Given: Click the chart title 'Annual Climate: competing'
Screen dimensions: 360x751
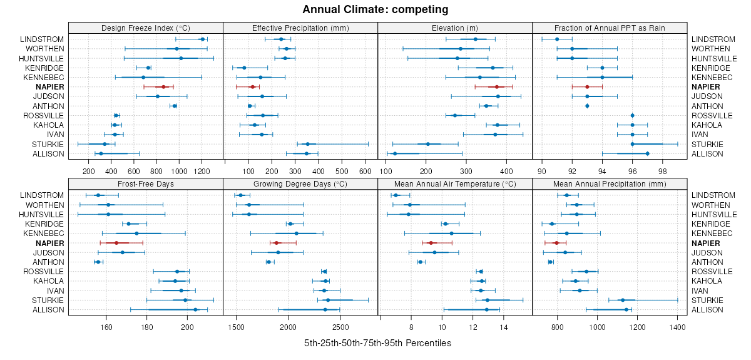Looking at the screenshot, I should pos(375,9).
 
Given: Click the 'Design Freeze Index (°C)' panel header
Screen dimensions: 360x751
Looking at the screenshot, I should pos(145,28).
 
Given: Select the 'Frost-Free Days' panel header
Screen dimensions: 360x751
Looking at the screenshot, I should pos(145,183).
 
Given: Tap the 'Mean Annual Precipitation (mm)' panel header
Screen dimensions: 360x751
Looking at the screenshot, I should pos(610,183).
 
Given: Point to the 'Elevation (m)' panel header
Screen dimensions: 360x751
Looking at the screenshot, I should pos(455,28).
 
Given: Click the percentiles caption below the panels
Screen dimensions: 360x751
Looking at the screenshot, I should pos(377,344).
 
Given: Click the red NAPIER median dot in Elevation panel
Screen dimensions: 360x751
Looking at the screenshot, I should pos(497,87).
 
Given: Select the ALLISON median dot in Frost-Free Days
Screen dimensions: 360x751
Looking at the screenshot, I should pos(196,309).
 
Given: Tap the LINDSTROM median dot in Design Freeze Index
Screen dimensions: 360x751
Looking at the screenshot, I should pos(202,39).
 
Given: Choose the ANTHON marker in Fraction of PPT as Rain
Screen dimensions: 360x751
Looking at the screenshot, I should pos(587,106).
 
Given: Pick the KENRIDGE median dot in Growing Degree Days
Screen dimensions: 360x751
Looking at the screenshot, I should pos(290,224).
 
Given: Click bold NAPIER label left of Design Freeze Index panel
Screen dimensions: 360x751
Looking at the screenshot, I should pos(50,87).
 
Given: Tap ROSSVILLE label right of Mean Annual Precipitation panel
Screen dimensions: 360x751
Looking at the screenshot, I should pos(712,271).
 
